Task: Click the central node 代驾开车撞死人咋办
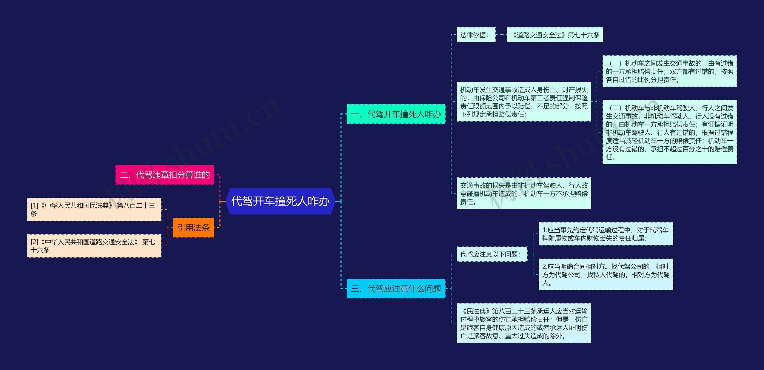coord(280,201)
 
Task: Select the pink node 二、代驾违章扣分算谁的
coord(165,175)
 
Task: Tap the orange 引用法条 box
coord(193,228)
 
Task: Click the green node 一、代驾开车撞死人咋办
coord(396,114)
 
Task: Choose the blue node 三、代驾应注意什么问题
coord(396,289)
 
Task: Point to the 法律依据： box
coord(476,35)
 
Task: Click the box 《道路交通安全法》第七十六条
coord(555,35)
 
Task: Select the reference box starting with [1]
coord(94,209)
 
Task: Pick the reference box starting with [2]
coord(94,246)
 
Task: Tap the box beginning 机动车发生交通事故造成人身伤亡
coord(524,102)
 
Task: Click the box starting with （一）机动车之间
coord(669,71)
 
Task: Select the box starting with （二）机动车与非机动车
coord(669,132)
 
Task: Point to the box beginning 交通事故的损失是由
coord(524,194)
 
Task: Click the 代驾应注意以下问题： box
coord(492,254)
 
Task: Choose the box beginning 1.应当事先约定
coord(606,234)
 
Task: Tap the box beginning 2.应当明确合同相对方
coord(606,274)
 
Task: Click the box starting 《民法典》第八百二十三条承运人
coord(524,323)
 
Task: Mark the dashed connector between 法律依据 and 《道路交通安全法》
coord(501,35)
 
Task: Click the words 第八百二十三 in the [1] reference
coord(136,205)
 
